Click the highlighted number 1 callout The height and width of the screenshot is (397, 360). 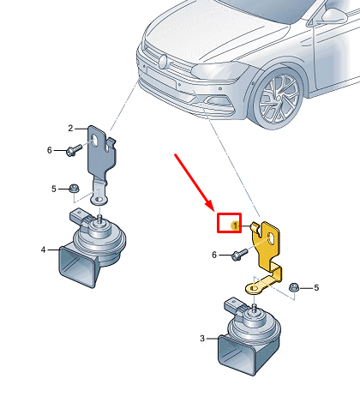235,226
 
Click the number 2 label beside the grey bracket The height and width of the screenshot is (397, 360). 70,129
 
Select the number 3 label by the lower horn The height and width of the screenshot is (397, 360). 202,339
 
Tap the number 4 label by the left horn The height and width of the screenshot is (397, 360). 43,250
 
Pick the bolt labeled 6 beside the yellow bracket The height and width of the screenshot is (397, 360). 239,255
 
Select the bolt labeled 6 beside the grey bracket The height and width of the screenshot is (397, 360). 74,150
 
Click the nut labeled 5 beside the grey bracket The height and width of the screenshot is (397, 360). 75,189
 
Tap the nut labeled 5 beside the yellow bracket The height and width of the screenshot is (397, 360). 294,287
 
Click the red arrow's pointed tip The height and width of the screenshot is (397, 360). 213,208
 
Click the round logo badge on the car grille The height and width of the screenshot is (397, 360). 162,61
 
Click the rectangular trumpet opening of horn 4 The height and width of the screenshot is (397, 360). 76,267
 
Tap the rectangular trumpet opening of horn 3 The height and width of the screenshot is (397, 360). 237,354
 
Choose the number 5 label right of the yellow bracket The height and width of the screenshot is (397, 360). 316,287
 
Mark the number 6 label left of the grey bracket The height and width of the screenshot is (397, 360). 50,150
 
